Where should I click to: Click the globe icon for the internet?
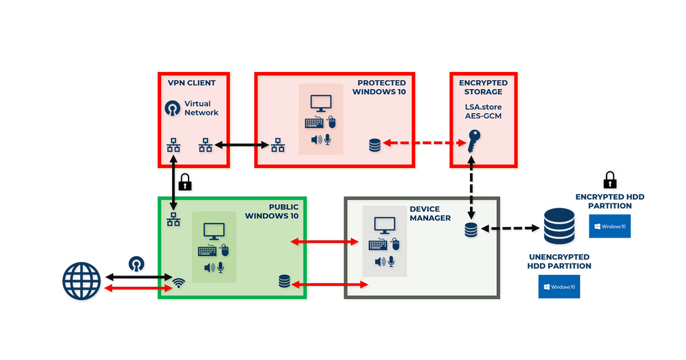[x=81, y=280]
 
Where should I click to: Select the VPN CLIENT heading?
[x=192, y=83]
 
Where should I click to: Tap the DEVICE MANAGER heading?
[x=430, y=214]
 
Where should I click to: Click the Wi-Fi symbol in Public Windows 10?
[x=179, y=282]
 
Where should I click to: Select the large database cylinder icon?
[x=559, y=227]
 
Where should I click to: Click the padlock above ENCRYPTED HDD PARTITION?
[x=610, y=180]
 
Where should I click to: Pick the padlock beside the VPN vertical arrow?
[x=185, y=182]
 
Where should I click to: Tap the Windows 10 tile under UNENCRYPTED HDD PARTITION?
[x=559, y=286]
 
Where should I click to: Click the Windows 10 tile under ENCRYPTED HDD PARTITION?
[x=609, y=226]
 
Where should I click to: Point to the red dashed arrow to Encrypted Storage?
[x=421, y=143]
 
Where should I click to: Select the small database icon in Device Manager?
[x=470, y=230]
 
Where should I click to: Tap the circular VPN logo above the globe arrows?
[x=137, y=263]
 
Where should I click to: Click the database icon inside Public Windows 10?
[x=284, y=281]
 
